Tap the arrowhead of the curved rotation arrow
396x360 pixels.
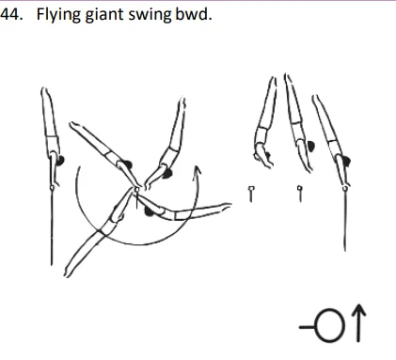pyautogui.click(x=197, y=171)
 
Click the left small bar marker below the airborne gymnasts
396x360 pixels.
pyautogui.click(x=251, y=194)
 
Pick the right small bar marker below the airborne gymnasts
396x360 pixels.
pyautogui.click(x=299, y=194)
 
